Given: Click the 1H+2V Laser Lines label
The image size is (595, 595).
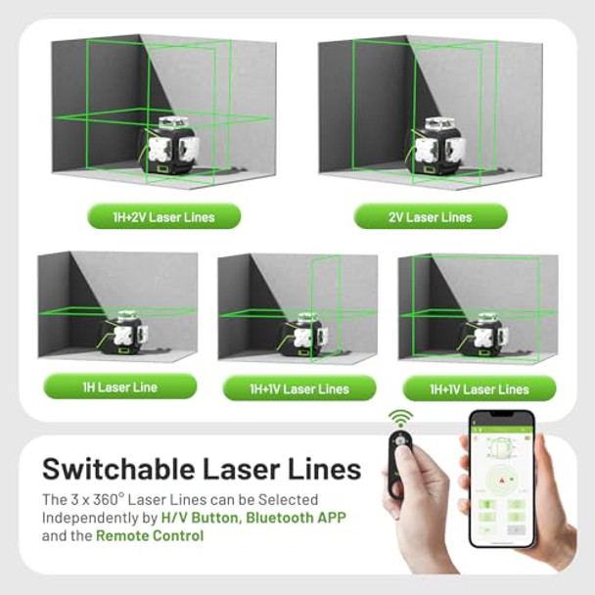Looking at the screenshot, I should coord(163,216).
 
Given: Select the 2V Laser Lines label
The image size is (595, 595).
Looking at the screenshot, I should coord(431,216).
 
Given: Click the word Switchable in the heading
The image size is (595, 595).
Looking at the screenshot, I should coord(123,468).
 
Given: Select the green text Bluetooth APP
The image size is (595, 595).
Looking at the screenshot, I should coord(305,518).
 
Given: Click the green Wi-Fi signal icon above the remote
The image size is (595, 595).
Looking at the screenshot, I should coord(399,418).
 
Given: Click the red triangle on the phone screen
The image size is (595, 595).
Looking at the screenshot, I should coord(501,481).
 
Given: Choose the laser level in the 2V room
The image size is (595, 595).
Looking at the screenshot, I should coord(436,149).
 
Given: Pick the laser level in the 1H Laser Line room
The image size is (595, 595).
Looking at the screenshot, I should coord(122,332).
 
